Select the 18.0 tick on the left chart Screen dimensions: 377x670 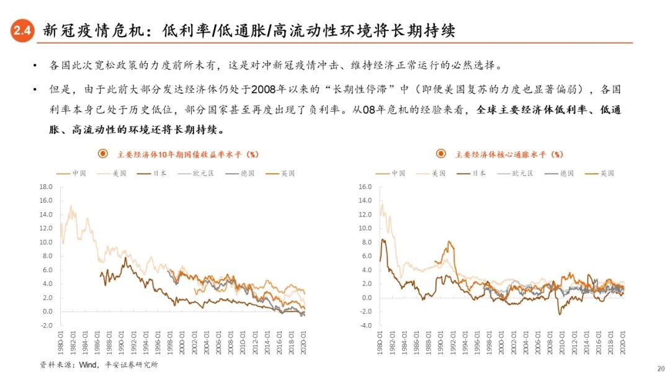point(47,187)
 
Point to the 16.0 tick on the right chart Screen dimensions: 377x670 point(365,187)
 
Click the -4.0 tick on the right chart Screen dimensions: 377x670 point(365,326)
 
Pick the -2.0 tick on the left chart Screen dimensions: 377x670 point(47,326)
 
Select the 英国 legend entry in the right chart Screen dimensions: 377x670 point(600,174)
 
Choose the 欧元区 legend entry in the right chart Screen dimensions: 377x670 point(515,174)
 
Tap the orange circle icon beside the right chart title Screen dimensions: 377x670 point(440,154)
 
